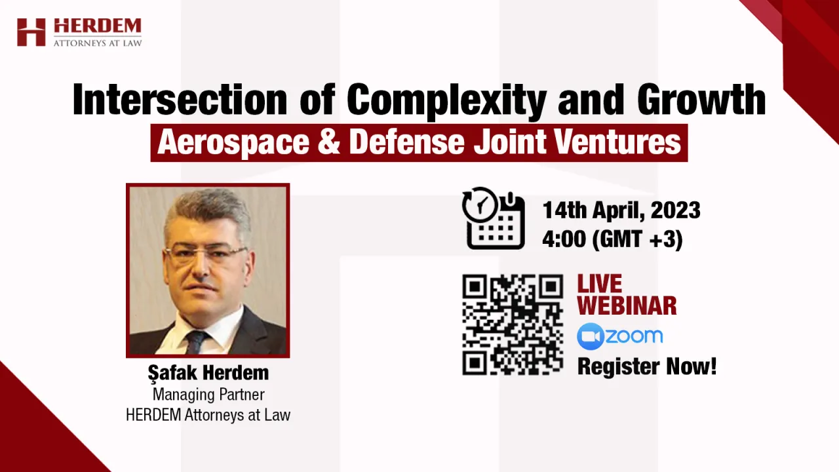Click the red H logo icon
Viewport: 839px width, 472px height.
pyautogui.click(x=31, y=32)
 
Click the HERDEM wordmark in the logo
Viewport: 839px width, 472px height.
pyautogui.click(x=98, y=26)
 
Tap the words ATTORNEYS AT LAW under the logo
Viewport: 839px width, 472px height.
pyautogui.click(x=98, y=43)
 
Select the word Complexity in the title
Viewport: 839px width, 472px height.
pyautogui.click(x=446, y=101)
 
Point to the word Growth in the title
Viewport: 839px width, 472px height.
pyautogui.click(x=701, y=99)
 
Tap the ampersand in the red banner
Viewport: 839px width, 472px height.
pyautogui.click(x=329, y=142)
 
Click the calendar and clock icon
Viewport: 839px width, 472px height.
pyautogui.click(x=494, y=218)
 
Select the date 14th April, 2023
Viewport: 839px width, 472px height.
pyautogui.click(x=621, y=210)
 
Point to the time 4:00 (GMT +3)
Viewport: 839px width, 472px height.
pyautogui.click(x=613, y=239)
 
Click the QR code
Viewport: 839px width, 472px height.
pyautogui.click(x=513, y=324)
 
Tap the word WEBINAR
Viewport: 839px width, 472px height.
pyautogui.click(x=627, y=305)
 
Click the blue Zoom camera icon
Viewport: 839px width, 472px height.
pyautogui.click(x=591, y=336)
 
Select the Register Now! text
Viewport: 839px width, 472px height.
pyautogui.click(x=647, y=366)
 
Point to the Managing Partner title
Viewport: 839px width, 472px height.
pyautogui.click(x=208, y=395)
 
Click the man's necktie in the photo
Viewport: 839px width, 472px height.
pyautogui.click(x=196, y=342)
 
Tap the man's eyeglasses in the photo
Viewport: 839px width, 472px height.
pyautogui.click(x=205, y=255)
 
